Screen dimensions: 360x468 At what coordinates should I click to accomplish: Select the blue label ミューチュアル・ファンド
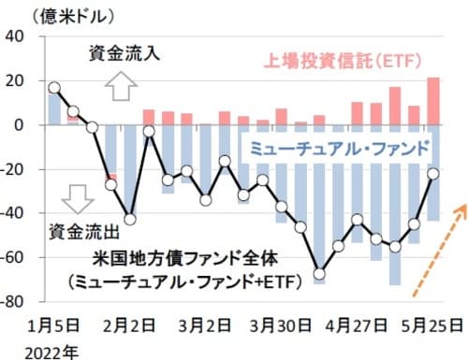(335, 147)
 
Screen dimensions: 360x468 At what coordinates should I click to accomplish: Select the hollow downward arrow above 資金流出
(78, 197)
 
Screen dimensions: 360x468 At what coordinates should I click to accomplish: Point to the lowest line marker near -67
(319, 274)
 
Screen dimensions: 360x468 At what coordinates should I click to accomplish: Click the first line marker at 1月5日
(53, 88)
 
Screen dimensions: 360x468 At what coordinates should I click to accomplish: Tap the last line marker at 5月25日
(433, 173)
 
